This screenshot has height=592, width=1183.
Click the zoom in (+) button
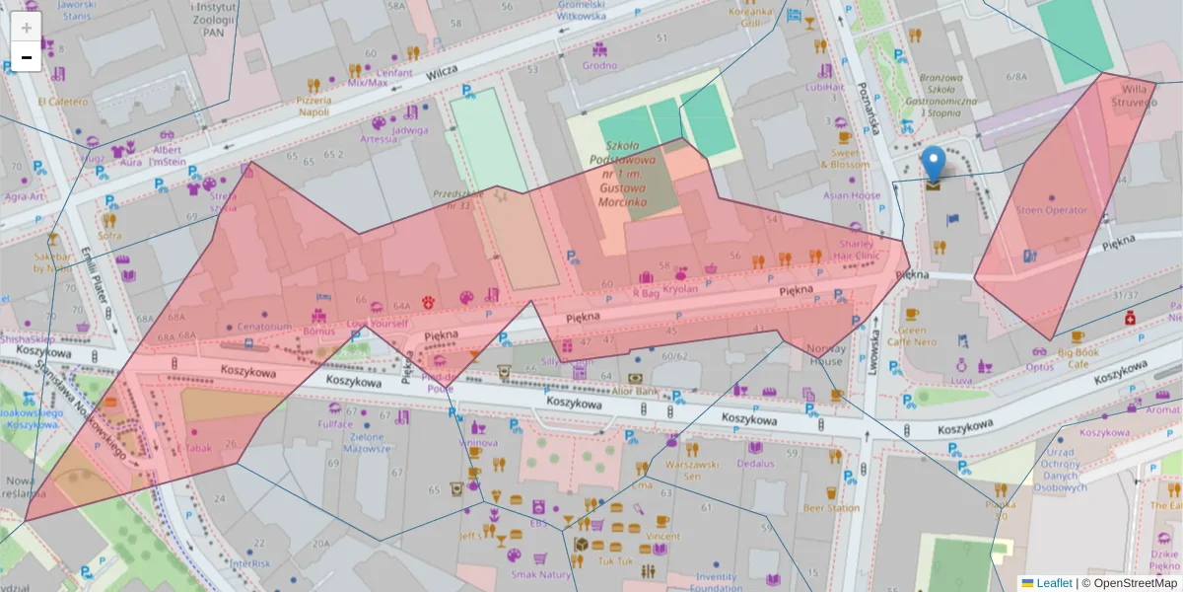pyautogui.click(x=26, y=28)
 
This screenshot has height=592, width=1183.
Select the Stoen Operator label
pyautogui.click(x=1051, y=210)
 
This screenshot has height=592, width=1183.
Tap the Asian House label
pyautogui.click(x=852, y=195)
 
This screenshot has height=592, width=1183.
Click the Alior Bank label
pyautogui.click(x=637, y=391)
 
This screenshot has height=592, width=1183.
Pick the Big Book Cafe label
pyautogui.click(x=1078, y=357)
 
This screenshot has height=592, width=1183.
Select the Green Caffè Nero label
pyautogui.click(x=912, y=336)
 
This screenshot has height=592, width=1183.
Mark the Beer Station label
pyautogui.click(x=830, y=508)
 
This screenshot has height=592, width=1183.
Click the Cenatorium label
pyautogui.click(x=264, y=327)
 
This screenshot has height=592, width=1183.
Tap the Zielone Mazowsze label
pyautogui.click(x=367, y=442)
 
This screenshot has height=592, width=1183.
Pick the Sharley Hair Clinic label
pyautogui.click(x=858, y=250)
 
